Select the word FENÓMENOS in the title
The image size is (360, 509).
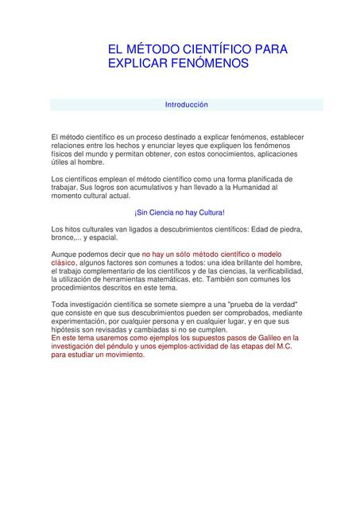(x=209, y=63)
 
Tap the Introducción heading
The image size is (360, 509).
(x=186, y=105)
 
